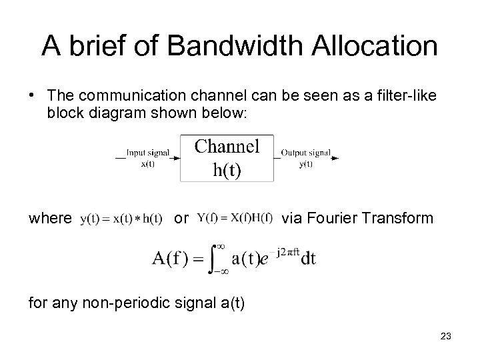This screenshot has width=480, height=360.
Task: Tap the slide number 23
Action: pyautogui.click(x=446, y=337)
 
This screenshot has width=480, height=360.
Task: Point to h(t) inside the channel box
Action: pyautogui.click(x=227, y=169)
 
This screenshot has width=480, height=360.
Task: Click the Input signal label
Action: pyautogui.click(x=147, y=153)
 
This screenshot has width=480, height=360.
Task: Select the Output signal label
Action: pyautogui.click(x=306, y=153)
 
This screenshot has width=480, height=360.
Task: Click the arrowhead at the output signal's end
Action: pyautogui.click(x=335, y=158)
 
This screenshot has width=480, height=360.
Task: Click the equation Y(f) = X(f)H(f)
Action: pyautogui.click(x=235, y=217)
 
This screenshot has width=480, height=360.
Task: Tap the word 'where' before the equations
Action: pyautogui.click(x=50, y=218)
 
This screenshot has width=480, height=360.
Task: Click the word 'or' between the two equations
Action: pyautogui.click(x=181, y=218)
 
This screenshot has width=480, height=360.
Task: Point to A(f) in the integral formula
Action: pyautogui.click(x=171, y=259)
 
